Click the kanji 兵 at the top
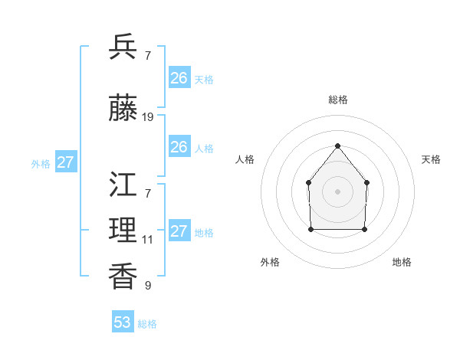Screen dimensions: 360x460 click(123, 47)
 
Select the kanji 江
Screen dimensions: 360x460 click(123, 185)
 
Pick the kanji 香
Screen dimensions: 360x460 click(123, 277)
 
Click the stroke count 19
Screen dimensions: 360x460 click(148, 117)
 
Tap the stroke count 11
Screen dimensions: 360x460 click(147, 240)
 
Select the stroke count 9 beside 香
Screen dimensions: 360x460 click(148, 286)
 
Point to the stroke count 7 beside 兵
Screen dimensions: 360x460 click(148, 56)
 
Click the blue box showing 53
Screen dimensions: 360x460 click(123, 322)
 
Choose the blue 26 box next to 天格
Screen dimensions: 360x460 click(179, 78)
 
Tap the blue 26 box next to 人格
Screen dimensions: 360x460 click(179, 147)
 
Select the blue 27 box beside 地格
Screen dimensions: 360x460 click(179, 231)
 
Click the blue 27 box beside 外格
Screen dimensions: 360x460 click(66, 162)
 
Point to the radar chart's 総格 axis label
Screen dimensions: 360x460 click(338, 100)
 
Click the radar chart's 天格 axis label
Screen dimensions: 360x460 click(432, 159)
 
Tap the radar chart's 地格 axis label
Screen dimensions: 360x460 click(402, 262)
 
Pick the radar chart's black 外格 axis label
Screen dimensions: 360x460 click(270, 262)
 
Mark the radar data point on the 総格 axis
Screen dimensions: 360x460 click(337, 146)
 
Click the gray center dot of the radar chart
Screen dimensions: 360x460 click(337, 191)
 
